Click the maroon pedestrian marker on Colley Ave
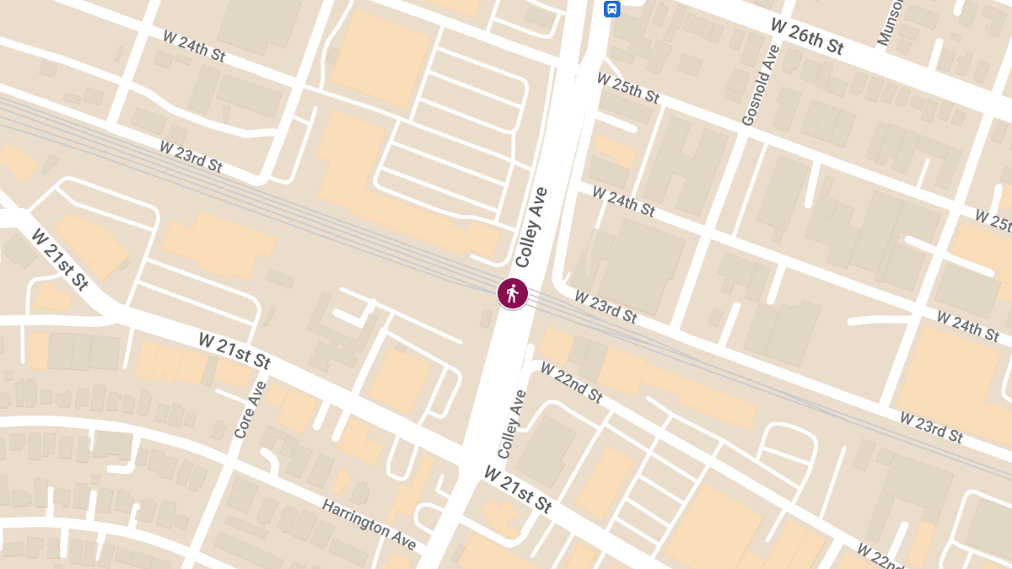[x=512, y=293]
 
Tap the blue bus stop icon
[x=611, y=9]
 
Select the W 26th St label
[x=807, y=36]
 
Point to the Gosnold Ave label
[x=762, y=86]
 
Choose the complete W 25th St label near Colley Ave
[x=627, y=89]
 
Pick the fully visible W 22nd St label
[x=571, y=383]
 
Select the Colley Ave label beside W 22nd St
[x=512, y=424]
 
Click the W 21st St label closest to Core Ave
[x=234, y=351]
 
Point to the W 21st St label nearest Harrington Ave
[x=517, y=490]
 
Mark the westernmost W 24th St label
[x=194, y=47]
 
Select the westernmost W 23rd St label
[x=191, y=156]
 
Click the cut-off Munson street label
[x=889, y=21]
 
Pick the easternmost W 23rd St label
[x=931, y=427]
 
